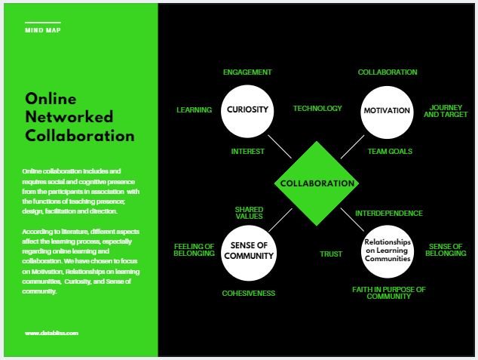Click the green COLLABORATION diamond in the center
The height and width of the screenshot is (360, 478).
[317, 183]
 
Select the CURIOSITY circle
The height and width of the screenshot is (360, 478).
[247, 112]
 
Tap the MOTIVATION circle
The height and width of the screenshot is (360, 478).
[388, 112]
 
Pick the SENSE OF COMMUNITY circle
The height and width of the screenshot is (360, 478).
[249, 253]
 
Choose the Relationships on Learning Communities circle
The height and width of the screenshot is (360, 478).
[388, 251]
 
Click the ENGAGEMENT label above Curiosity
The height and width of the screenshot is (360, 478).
[247, 72]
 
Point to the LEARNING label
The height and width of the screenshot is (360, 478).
[195, 110]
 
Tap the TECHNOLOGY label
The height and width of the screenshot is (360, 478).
[317, 109]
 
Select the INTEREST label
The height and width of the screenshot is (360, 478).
[247, 152]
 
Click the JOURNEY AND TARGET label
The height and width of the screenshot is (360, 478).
[446, 111]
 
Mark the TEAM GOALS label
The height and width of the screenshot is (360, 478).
[390, 152]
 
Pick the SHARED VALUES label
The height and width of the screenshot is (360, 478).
[249, 213]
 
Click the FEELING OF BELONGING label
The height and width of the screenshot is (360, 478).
[195, 250]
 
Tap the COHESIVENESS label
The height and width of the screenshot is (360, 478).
[249, 293]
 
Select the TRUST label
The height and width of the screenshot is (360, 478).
[331, 254]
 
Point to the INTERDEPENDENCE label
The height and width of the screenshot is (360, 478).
[389, 214]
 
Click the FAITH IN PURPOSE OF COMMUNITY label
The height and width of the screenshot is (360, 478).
[389, 293]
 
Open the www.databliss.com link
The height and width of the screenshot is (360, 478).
[51, 333]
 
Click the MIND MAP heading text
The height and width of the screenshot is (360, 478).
[43, 30]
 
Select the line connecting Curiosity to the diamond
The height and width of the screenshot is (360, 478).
[280, 146]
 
